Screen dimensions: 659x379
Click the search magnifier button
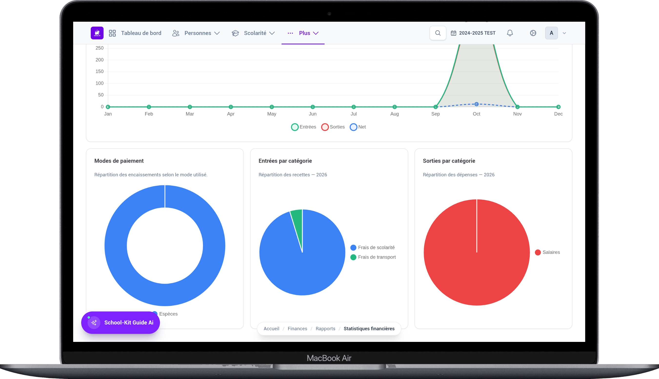pos(438,33)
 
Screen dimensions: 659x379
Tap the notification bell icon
pos(510,33)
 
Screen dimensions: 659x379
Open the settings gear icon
pos(533,33)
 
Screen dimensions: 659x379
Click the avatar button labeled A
pos(551,33)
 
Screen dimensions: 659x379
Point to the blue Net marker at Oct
pos(477,104)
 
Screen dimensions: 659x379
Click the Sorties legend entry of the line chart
pos(333,127)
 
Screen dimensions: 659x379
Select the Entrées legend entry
pos(304,127)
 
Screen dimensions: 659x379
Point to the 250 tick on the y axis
pos(100,48)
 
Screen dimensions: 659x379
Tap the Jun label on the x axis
pos(313,114)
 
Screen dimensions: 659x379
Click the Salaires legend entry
pos(548,252)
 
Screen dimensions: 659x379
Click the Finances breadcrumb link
pos(297,328)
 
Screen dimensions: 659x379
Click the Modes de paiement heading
pos(119,161)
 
